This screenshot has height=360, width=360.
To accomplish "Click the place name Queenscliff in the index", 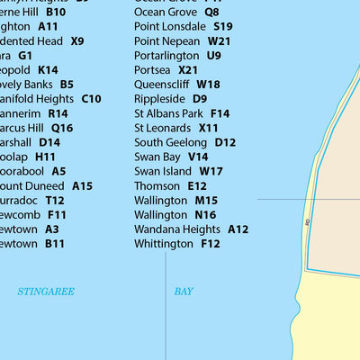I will click(162, 84).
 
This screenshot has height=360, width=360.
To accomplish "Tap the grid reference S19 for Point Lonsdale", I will click(222, 27).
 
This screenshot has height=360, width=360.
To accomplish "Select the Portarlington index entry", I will click(166, 55).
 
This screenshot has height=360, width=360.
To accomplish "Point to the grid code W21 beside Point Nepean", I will click(219, 41).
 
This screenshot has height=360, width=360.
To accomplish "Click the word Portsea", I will click(153, 69).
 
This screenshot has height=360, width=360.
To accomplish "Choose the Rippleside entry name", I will click(159, 98).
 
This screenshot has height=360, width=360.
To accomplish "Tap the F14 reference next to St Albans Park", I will click(220, 113).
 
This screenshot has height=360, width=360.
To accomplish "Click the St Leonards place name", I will click(163, 128).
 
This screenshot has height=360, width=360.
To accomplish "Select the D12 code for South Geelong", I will click(225, 142).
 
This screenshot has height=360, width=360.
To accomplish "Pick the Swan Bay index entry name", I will click(157, 157).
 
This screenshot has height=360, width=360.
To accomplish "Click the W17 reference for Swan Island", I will click(211, 171).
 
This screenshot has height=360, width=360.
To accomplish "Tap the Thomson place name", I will click(157, 185).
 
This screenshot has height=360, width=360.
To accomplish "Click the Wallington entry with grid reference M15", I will click(161, 201).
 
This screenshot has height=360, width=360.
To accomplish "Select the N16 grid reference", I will click(205, 215).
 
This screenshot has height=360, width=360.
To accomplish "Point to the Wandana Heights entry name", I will click(176, 229).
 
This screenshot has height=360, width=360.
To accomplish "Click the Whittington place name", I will click(164, 244).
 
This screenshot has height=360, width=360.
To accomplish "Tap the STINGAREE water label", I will click(46, 292).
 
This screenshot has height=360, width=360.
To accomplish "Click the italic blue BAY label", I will click(184, 292).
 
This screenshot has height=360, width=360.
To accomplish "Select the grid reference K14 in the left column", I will click(48, 69).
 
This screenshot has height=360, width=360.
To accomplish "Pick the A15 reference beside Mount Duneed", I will click(82, 185).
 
